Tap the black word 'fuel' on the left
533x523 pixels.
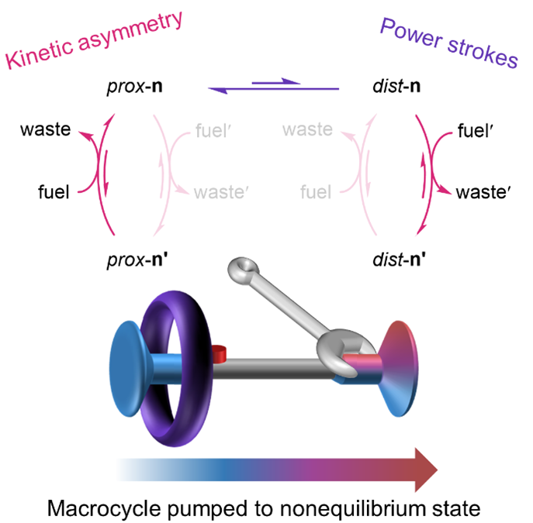[x=54, y=190]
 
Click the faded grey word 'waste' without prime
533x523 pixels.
[x=307, y=129]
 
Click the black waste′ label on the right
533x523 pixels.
[x=480, y=191]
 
